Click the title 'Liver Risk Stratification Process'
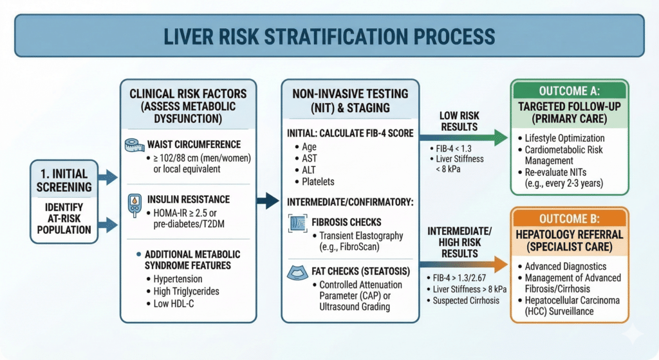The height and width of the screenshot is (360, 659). [329, 35]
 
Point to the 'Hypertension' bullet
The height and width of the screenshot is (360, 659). [177, 279]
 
